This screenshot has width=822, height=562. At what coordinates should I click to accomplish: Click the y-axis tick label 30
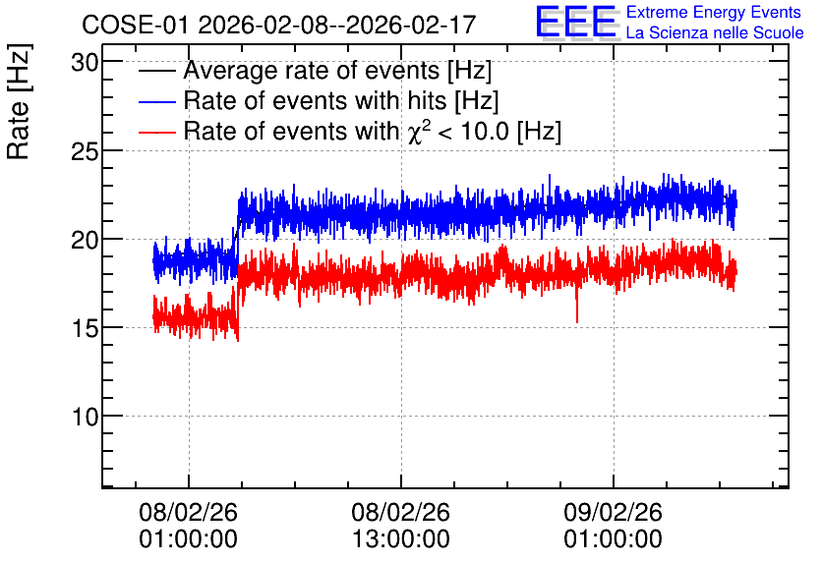85,63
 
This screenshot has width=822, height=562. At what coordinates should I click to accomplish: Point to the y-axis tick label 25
85,152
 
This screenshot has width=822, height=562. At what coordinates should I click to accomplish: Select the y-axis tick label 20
85,241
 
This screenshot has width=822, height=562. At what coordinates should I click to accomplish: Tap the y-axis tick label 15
85,329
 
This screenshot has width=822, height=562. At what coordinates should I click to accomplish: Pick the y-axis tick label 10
85,418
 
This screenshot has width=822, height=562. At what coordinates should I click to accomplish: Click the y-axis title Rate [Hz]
19,101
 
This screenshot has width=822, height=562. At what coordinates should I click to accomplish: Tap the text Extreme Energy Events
714,12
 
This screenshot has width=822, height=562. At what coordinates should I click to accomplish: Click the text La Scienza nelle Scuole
715,32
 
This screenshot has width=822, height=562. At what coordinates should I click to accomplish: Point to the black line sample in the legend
156,71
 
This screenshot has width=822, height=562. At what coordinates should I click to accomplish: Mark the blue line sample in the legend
156,101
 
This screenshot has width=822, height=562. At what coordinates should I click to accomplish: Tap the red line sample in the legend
156,132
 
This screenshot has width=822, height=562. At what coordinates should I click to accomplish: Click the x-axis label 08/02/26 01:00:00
188,526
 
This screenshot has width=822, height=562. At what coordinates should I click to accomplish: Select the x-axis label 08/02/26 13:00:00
400,526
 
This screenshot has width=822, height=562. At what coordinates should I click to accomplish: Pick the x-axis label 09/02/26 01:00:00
613,526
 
